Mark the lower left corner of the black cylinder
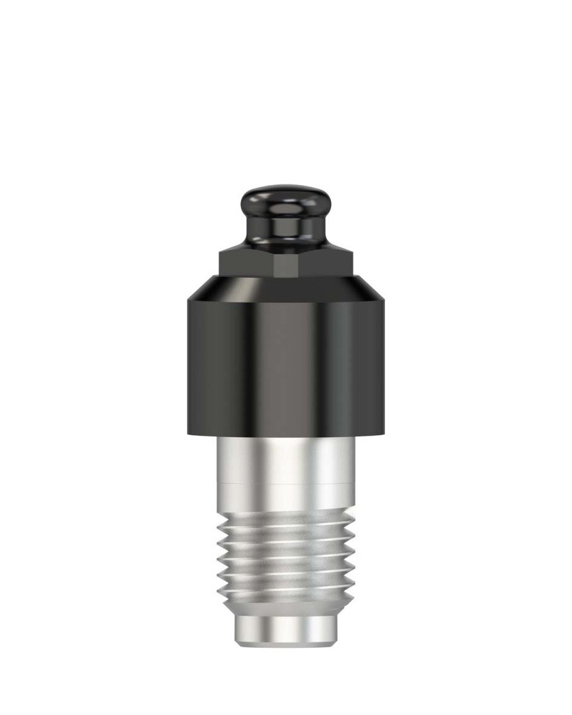point(188,434)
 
